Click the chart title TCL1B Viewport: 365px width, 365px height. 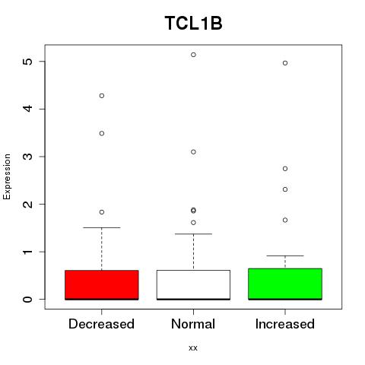coord(193,23)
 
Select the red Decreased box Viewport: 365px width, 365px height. coord(102,285)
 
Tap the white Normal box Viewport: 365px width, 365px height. coord(193,285)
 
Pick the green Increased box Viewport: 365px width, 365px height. coord(285,284)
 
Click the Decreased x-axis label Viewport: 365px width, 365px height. coord(101,324)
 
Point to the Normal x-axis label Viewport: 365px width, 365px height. coord(193,324)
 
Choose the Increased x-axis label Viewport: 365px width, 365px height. coord(285,324)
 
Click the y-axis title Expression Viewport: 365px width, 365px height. coord(7,176)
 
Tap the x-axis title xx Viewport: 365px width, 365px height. coord(193,348)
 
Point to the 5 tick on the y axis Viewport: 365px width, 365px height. coord(28,62)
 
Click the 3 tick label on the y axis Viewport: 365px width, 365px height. coord(28,157)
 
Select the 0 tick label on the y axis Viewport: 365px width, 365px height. coord(28,300)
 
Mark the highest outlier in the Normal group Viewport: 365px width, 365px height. coord(193,55)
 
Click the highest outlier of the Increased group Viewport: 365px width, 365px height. coord(285,63)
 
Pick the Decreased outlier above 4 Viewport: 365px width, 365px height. coord(102,96)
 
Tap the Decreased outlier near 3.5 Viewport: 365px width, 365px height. coord(102,134)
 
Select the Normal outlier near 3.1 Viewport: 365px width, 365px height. coord(193,152)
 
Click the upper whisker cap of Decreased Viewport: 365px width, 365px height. coord(102,227)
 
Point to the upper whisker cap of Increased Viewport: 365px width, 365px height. coord(285,255)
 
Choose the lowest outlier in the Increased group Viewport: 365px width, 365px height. coord(285,221)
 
